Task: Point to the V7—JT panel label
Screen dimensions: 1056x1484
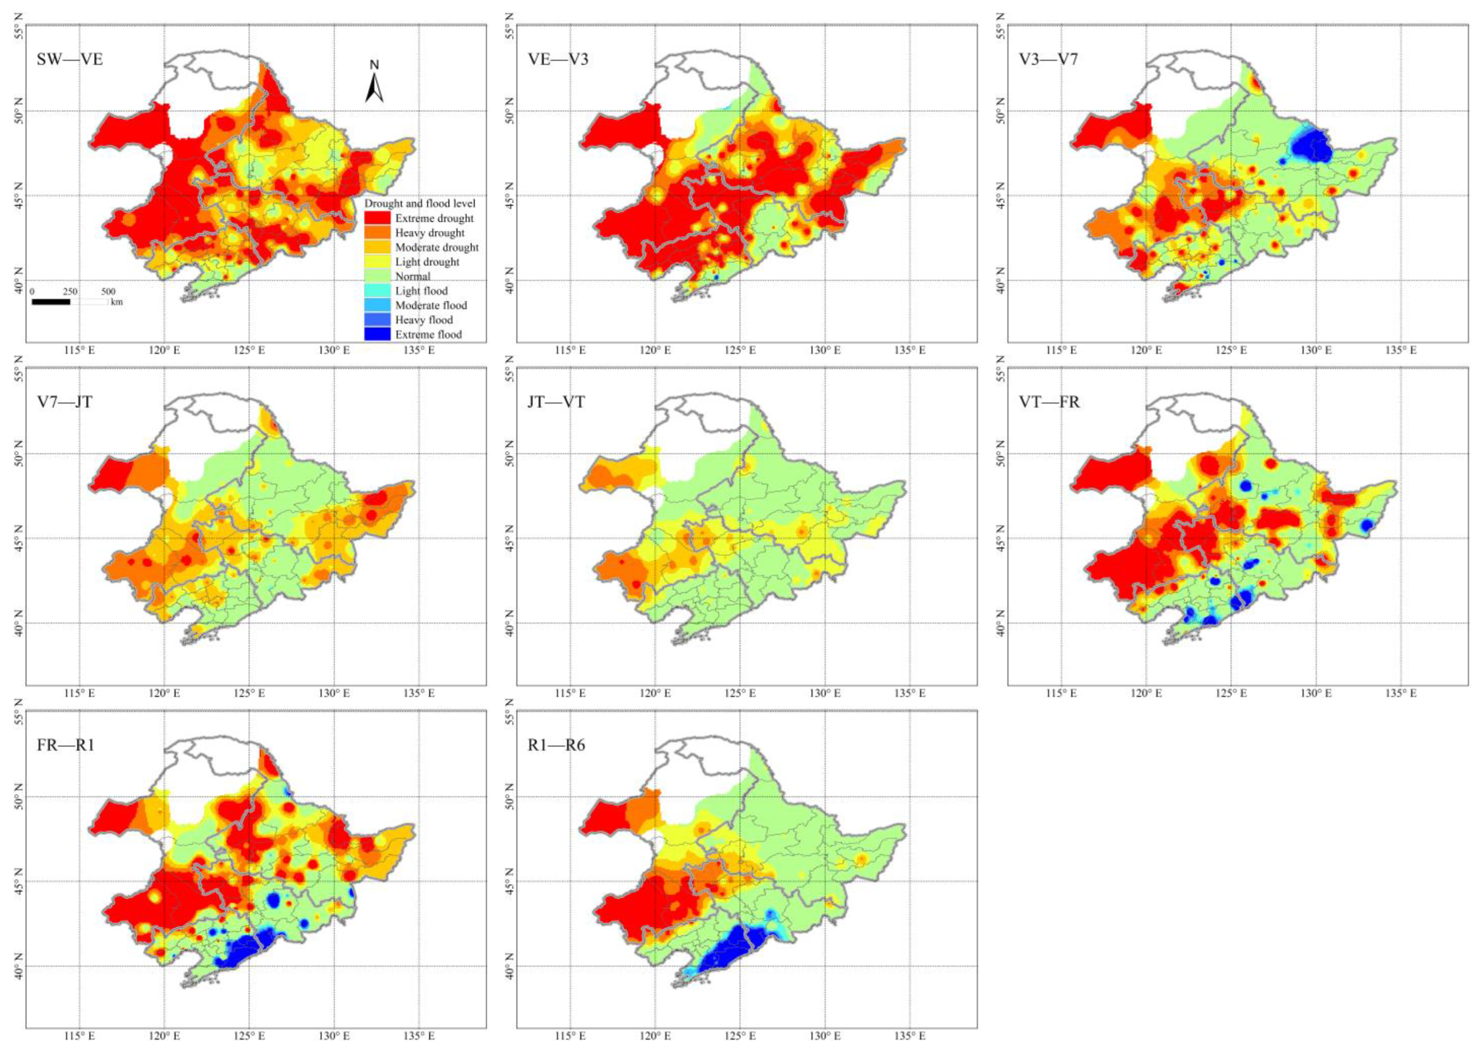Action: (65, 402)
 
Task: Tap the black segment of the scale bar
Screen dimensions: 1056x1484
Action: (51, 302)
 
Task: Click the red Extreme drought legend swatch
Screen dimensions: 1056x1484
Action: (377, 218)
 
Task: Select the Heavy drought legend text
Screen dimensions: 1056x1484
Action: (430, 233)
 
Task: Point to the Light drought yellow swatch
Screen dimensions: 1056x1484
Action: (377, 261)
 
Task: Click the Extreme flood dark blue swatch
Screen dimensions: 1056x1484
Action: (377, 334)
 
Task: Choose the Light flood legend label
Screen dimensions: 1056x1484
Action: (421, 291)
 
